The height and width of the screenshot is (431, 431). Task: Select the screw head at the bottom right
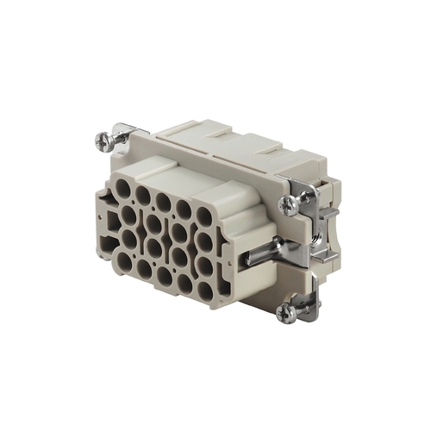(286, 313)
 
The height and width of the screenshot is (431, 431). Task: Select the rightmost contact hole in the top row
(203, 215)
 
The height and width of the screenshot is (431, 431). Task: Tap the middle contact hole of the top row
(163, 201)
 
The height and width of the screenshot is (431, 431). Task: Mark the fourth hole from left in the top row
(184, 208)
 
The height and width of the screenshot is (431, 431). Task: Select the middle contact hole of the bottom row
(164, 275)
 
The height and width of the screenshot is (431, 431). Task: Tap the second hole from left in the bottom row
(144, 267)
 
